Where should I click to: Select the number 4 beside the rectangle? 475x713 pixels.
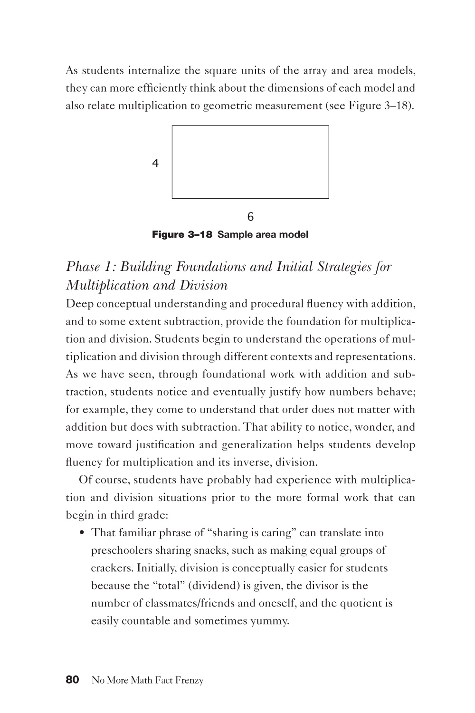[155, 164]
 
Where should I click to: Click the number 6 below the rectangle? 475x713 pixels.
[250, 217]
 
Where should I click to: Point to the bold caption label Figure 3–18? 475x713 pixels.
[181, 234]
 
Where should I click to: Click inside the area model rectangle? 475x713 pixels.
[250, 162]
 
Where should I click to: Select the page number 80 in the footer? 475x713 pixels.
[72, 680]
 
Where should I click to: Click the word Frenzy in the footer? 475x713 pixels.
[190, 681]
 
